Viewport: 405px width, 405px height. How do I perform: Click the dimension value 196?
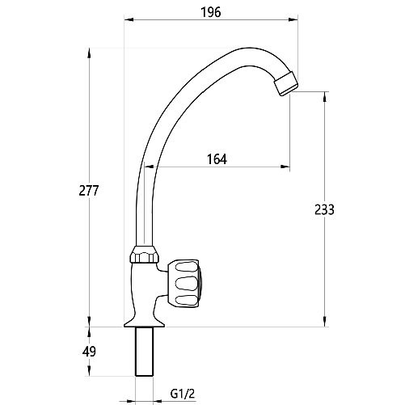[x=211, y=12]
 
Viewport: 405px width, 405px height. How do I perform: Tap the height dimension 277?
[x=89, y=191]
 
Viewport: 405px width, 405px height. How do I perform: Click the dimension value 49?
[x=89, y=351]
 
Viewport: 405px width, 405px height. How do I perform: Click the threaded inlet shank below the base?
[x=146, y=352]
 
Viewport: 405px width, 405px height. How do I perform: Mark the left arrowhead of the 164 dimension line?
[x=149, y=168]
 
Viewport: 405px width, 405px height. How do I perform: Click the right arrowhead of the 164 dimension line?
[x=287, y=168]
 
